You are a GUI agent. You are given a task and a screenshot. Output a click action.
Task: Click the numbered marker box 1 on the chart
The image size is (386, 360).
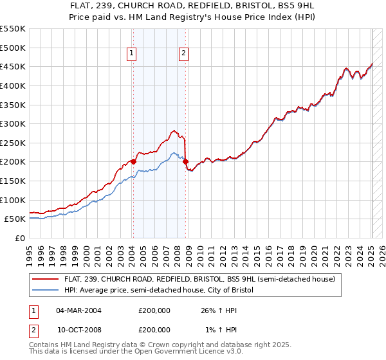pyautogui.click(x=132, y=54)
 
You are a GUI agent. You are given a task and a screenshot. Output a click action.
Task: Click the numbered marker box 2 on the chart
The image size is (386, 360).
pyautogui.click(x=184, y=54)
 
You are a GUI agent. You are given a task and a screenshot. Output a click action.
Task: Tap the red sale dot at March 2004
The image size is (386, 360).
pyautogui.click(x=133, y=161)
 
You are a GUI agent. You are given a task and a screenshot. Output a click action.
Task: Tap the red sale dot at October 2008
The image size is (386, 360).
pyautogui.click(x=185, y=162)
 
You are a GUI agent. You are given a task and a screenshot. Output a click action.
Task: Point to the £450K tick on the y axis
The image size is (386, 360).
pyautogui.click(x=12, y=66)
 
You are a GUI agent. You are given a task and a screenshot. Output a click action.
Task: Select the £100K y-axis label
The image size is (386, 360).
pyautogui.click(x=12, y=200)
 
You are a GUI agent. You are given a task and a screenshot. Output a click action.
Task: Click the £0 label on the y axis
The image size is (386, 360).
pyautogui.click(x=19, y=238)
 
